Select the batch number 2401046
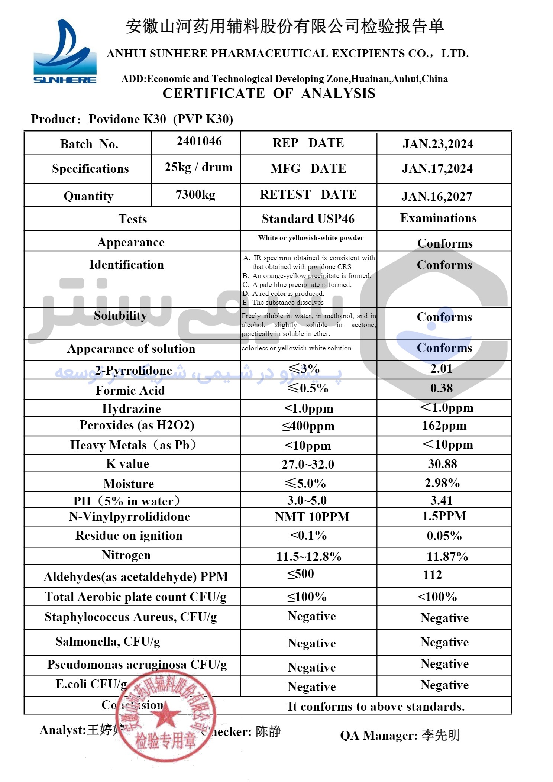point(199,141)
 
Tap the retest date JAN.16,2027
point(437,196)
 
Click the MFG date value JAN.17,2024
point(437,169)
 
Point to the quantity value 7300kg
point(195,194)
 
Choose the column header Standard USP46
point(308,219)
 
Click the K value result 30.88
point(442,464)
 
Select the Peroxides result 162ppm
point(444,426)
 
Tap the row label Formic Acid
point(130,390)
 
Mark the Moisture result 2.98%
point(442,483)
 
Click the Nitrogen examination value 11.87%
point(447,556)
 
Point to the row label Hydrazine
point(132,408)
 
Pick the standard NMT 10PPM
point(312,517)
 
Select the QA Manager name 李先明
point(441,735)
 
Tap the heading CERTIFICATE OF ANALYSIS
point(269,93)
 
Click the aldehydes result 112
point(432,575)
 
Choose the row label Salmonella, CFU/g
point(108,641)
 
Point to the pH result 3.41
point(442,500)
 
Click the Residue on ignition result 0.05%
point(444,536)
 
